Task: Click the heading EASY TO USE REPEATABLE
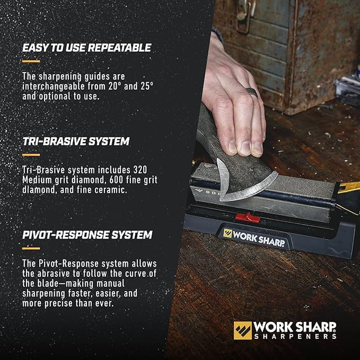(87, 48)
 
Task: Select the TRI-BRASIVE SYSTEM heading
(76, 142)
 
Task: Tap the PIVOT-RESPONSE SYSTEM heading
(87, 235)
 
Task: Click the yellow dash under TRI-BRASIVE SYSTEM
(31, 154)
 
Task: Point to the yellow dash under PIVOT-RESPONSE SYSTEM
(31, 248)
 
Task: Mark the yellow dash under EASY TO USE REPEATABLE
(31, 61)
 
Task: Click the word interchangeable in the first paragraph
(53, 86)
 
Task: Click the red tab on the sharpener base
(247, 217)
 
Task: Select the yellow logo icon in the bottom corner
(243, 330)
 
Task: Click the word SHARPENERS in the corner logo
(295, 336)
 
